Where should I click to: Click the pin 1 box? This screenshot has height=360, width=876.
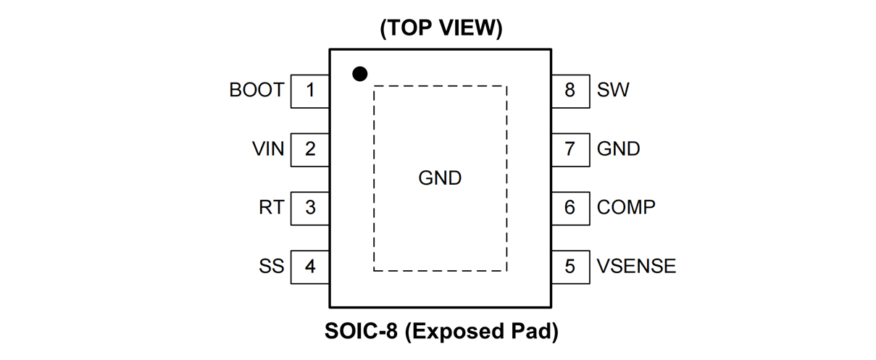(310, 91)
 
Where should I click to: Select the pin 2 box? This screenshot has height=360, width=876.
(310, 149)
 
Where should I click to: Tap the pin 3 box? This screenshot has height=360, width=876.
(310, 207)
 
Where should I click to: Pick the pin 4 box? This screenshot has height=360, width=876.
(310, 266)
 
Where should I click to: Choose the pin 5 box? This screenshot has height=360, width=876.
(570, 266)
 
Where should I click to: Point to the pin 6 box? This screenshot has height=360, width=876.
(570, 207)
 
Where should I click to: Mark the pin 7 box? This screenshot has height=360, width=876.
(570, 149)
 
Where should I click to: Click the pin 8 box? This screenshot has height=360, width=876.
(570, 91)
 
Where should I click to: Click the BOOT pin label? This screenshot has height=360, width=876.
(256, 91)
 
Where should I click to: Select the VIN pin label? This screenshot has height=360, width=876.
(268, 149)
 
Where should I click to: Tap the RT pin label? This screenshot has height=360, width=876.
(272, 207)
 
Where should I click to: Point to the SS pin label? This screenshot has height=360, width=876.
(271, 266)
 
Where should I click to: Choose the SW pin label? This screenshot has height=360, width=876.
(613, 91)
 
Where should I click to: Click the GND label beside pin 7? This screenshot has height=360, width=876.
(618, 149)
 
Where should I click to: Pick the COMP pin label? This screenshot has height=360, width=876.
(626, 207)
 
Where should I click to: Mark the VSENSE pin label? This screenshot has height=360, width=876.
(636, 266)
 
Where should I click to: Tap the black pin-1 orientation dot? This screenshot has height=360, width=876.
(359, 73)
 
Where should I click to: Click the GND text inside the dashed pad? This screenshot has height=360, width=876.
(440, 178)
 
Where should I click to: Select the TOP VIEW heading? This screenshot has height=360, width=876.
(441, 28)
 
